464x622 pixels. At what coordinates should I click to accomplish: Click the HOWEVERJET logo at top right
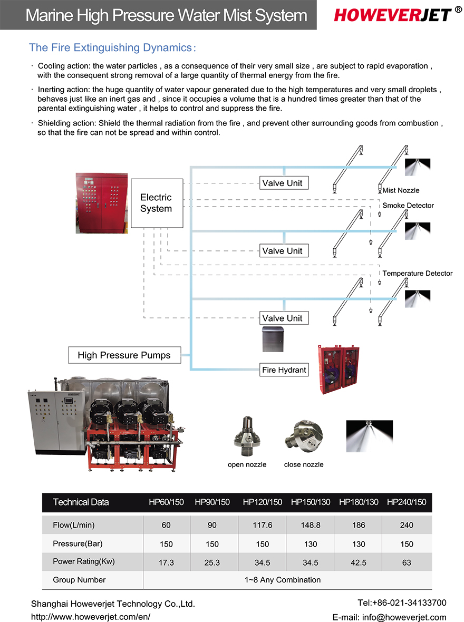(393, 15)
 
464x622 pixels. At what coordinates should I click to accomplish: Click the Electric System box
(156, 203)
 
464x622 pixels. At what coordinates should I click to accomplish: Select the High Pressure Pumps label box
(124, 355)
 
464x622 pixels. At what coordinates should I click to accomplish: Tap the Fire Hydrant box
(284, 370)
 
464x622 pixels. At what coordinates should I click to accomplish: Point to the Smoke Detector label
(408, 206)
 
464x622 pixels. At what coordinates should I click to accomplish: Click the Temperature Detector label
(417, 274)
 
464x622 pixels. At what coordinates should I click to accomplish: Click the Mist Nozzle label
(401, 190)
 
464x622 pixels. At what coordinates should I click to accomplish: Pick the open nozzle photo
(247, 438)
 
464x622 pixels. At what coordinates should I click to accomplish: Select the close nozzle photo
(303, 438)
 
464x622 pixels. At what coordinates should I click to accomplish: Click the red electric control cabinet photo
(102, 203)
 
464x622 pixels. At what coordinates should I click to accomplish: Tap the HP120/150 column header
(262, 502)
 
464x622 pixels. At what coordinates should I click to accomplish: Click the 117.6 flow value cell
(262, 525)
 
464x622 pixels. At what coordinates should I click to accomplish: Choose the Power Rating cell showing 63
(407, 562)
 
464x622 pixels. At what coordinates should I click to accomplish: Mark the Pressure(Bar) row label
(78, 543)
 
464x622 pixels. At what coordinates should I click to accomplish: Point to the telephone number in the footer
(402, 602)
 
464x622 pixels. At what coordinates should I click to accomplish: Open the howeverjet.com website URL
(91, 617)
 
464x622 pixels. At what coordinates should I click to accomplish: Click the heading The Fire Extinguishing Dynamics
(112, 48)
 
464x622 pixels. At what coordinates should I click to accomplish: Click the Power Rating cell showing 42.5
(359, 562)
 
